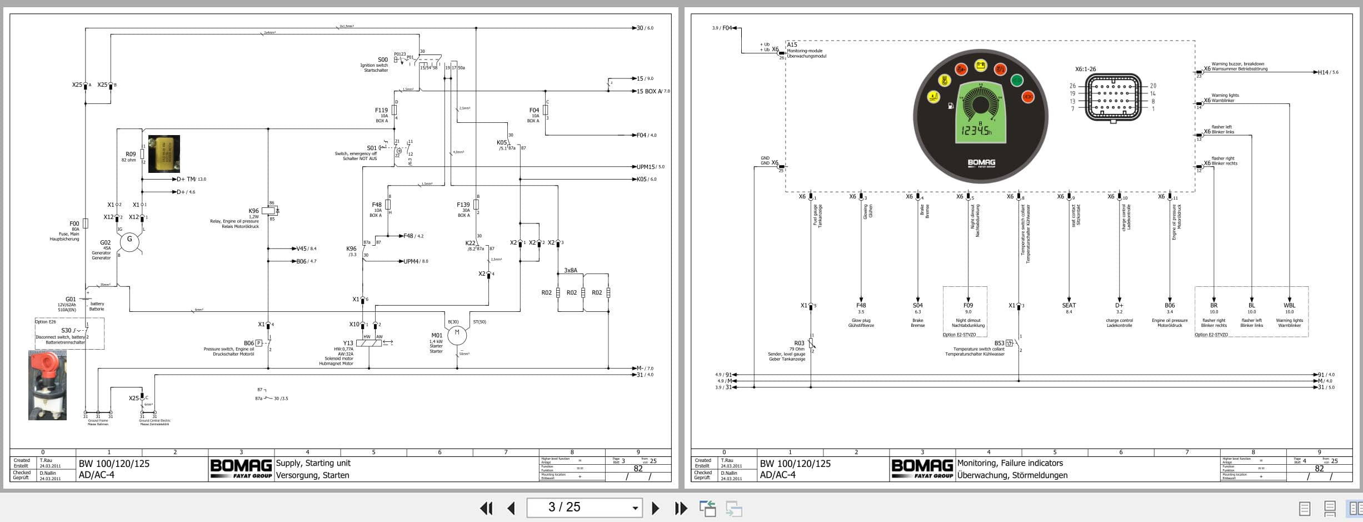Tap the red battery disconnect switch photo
point(47,385)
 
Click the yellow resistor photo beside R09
point(164,153)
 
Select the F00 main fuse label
point(74,223)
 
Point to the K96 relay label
point(253,211)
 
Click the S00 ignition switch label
point(383,59)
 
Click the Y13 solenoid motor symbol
point(368,343)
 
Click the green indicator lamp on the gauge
point(1016,80)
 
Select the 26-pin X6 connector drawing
point(1113,97)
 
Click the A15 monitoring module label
point(792,44)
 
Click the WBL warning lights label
point(1289,305)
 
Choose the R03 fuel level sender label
point(799,343)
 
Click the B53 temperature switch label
point(999,343)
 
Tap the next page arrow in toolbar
point(655,508)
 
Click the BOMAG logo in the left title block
point(241,468)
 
